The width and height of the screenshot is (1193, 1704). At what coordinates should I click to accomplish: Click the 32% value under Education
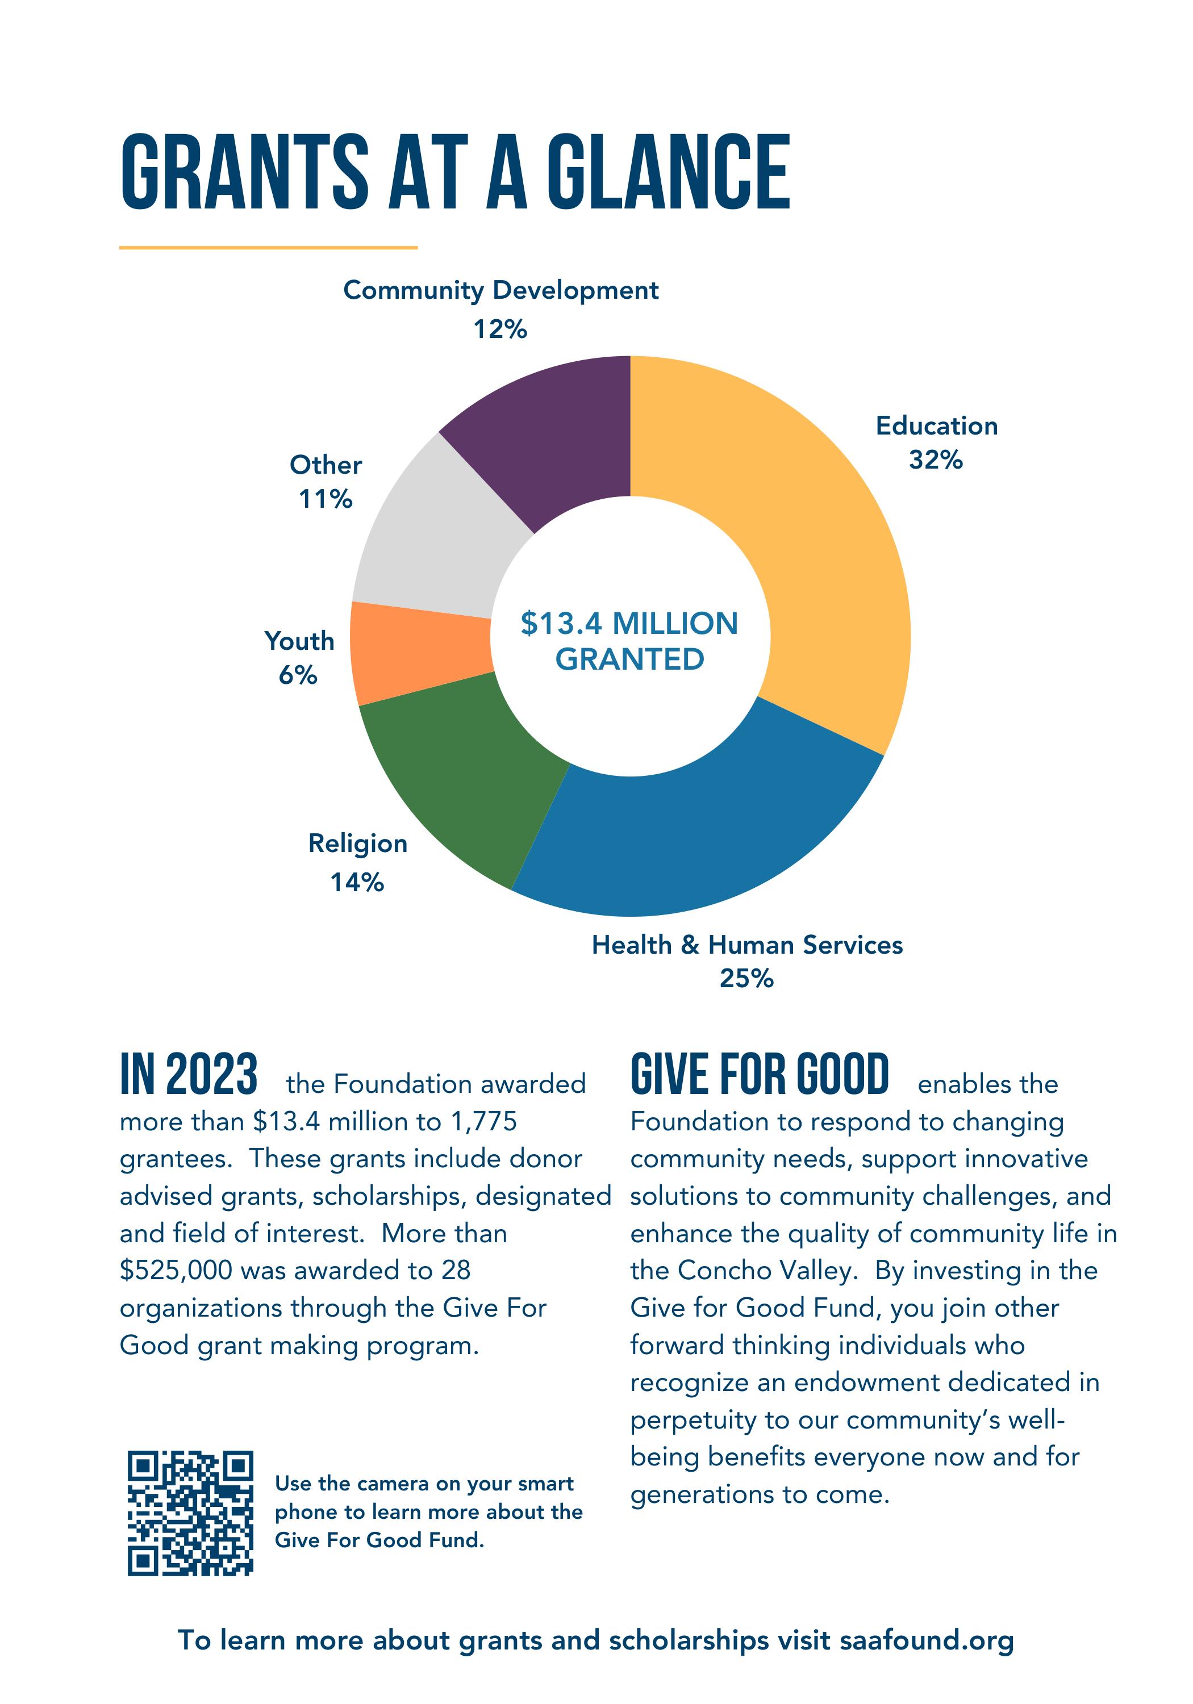tap(936, 460)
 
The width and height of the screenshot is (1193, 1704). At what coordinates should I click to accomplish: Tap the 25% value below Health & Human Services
tap(746, 979)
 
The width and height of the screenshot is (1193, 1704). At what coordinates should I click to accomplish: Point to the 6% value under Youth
tap(298, 675)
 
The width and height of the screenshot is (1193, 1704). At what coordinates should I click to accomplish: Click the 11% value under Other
tap(325, 499)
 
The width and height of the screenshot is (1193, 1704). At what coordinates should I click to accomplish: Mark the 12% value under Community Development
tap(500, 329)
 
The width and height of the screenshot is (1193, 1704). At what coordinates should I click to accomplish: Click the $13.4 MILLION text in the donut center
tap(629, 624)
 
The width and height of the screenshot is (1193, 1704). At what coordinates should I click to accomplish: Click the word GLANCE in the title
tap(668, 172)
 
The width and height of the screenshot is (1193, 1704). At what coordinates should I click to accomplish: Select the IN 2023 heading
tap(189, 1074)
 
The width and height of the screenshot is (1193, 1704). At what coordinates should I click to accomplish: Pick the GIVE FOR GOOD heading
tap(760, 1074)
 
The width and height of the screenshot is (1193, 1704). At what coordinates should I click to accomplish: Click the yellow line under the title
tap(268, 247)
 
